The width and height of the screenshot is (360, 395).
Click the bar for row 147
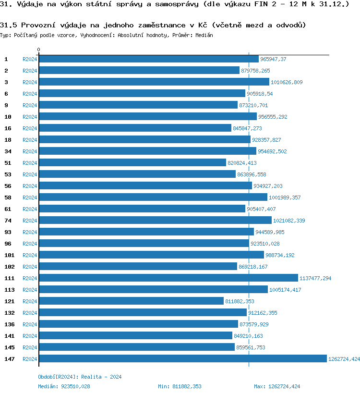[x=182, y=359]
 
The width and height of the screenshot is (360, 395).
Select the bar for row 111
[x=168, y=278]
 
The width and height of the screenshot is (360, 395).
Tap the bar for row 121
[x=131, y=301]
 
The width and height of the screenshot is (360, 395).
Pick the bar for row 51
[x=132, y=163]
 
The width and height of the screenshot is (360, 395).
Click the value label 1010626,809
[x=287, y=82]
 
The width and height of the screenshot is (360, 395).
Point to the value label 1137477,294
[x=315, y=278]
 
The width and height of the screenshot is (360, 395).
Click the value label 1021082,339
[x=289, y=221]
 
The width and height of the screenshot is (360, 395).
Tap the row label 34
[x=8, y=151]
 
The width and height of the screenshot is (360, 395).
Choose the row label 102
[x=9, y=267]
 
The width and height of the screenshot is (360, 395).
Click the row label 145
[x=9, y=347]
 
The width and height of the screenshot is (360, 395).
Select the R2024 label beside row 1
[x=30, y=59]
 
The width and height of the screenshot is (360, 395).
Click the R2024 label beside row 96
[x=30, y=244]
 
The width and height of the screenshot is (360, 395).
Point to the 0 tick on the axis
[x=39, y=49]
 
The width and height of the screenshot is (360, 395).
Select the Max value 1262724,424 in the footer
[x=284, y=386]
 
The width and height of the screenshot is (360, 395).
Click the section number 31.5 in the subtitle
[x=9, y=25]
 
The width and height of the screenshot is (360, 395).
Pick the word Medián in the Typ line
[x=204, y=35]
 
